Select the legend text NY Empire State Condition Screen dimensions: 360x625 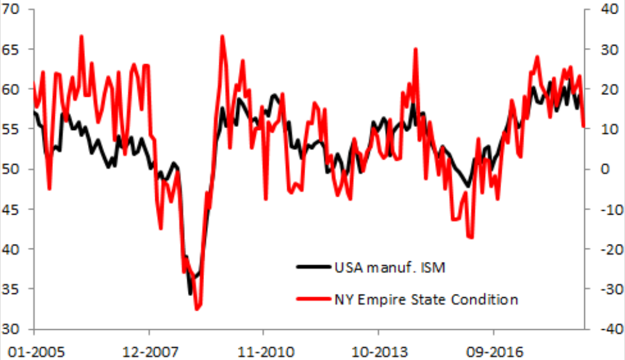point(426,300)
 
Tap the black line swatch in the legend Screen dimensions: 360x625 point(313,268)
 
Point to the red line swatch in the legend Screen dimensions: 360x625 point(313,300)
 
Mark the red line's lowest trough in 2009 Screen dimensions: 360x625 point(197,309)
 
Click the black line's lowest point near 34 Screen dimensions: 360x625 point(190,294)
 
